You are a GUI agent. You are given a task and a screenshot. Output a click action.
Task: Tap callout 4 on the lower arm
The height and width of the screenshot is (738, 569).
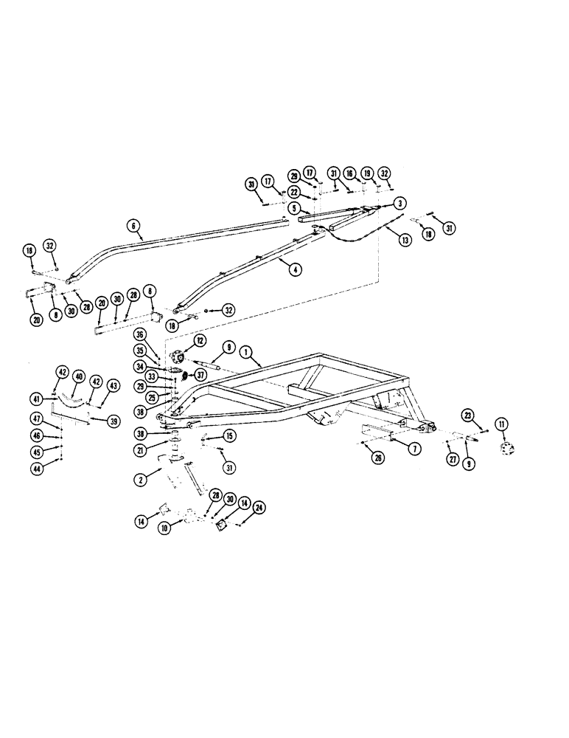(295, 270)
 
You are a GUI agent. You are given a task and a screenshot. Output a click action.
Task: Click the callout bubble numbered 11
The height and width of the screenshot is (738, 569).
(502, 424)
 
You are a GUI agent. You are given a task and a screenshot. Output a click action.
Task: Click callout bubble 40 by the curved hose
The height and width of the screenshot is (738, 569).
(79, 376)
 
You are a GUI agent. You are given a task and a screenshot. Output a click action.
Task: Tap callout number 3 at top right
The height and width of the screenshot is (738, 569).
(398, 202)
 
